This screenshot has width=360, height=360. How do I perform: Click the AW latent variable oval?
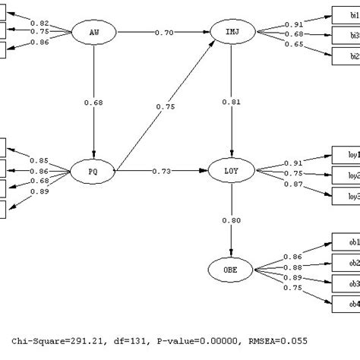(93, 33)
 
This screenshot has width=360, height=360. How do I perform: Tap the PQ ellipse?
(93, 171)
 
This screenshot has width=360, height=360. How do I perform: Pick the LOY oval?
(232, 171)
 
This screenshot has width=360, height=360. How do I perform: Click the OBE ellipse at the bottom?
(231, 269)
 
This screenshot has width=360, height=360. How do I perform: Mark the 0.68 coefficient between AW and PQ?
(93, 102)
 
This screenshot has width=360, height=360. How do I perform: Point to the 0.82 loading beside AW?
(39, 24)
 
